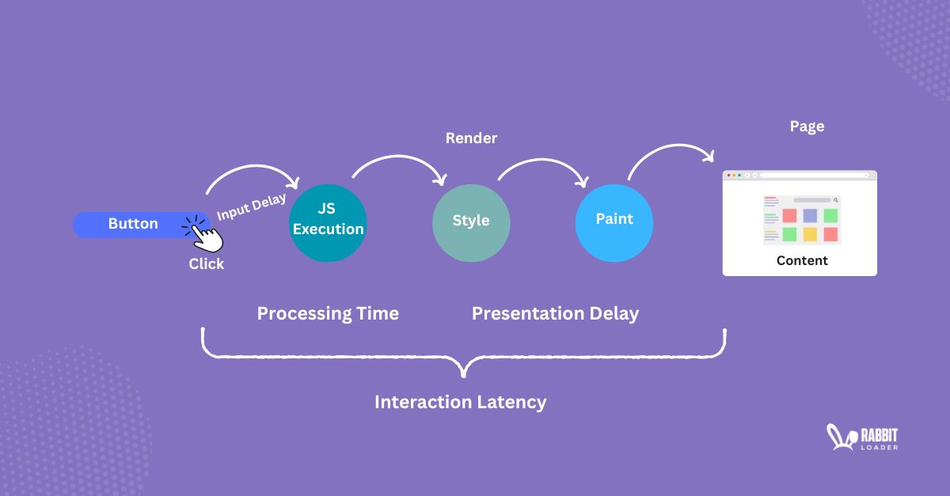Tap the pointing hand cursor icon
tap(205, 235)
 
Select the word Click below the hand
tap(206, 264)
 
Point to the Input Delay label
tap(251, 207)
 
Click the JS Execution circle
tap(328, 221)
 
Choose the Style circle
tap(471, 221)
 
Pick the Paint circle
tap(614, 221)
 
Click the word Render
tap(471, 138)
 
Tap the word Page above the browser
tap(807, 127)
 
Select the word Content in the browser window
tap(802, 260)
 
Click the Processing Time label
tap(328, 313)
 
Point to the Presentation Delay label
tap(555, 313)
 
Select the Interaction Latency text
tap(460, 402)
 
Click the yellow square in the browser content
tap(810, 234)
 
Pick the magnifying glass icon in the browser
tap(835, 200)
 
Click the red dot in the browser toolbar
tap(729, 175)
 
